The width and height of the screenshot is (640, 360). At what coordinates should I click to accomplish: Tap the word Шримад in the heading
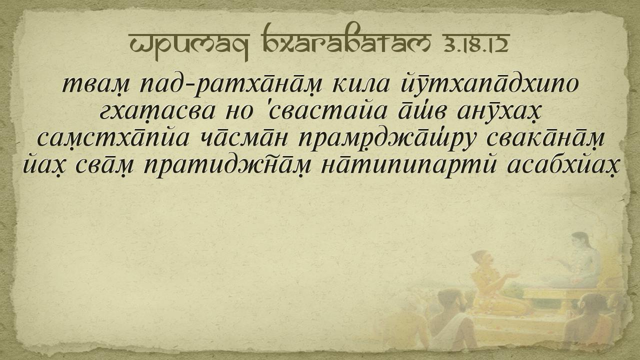[x=189, y=45]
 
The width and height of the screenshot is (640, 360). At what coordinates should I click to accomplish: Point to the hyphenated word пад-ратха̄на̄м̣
[x=231, y=84]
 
